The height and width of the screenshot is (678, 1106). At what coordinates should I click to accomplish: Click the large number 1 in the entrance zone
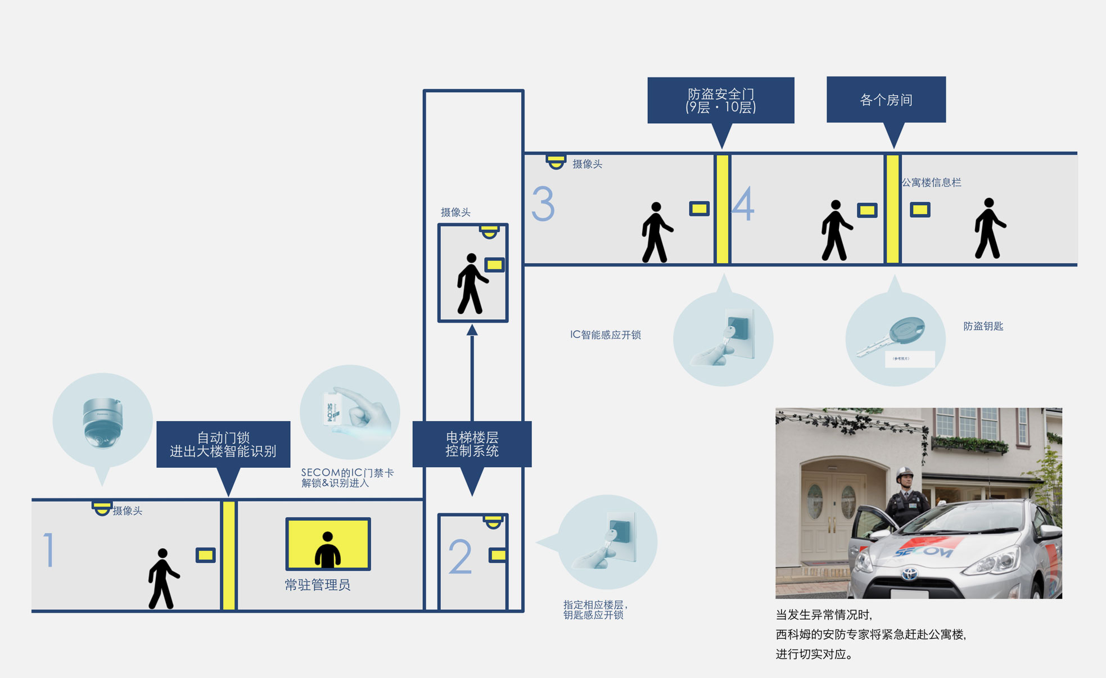pyautogui.click(x=49, y=549)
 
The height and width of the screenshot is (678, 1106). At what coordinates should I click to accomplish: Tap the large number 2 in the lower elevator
pyautogui.click(x=460, y=557)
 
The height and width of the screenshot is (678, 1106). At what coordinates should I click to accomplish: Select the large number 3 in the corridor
pyautogui.click(x=543, y=204)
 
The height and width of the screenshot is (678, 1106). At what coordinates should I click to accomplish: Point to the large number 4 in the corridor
pyautogui.click(x=743, y=204)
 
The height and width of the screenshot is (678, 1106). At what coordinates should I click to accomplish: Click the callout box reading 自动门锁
pyautogui.click(x=223, y=444)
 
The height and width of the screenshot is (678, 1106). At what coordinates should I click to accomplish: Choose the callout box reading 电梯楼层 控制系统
pyautogui.click(x=472, y=444)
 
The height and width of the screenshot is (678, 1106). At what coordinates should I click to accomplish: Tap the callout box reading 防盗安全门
pyautogui.click(x=720, y=100)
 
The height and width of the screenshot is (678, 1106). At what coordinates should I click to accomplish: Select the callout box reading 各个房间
pyautogui.click(x=886, y=100)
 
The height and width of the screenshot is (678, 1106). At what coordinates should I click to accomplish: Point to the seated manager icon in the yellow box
pyautogui.click(x=328, y=549)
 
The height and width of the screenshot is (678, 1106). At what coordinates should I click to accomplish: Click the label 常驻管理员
pyautogui.click(x=317, y=585)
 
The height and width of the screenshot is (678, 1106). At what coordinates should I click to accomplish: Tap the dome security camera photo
pyautogui.click(x=102, y=422)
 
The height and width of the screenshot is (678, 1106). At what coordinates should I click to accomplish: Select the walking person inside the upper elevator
pyautogui.click(x=471, y=284)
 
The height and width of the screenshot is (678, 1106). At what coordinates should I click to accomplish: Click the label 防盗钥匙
pyautogui.click(x=983, y=326)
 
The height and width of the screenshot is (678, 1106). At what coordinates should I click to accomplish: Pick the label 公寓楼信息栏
pyautogui.click(x=931, y=182)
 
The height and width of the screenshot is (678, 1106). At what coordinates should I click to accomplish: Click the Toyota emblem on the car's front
pyautogui.click(x=909, y=574)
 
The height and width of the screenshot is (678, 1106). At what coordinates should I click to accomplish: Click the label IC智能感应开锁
pyautogui.click(x=605, y=335)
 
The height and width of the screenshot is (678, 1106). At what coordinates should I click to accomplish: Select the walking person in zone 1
pyautogui.click(x=162, y=578)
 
